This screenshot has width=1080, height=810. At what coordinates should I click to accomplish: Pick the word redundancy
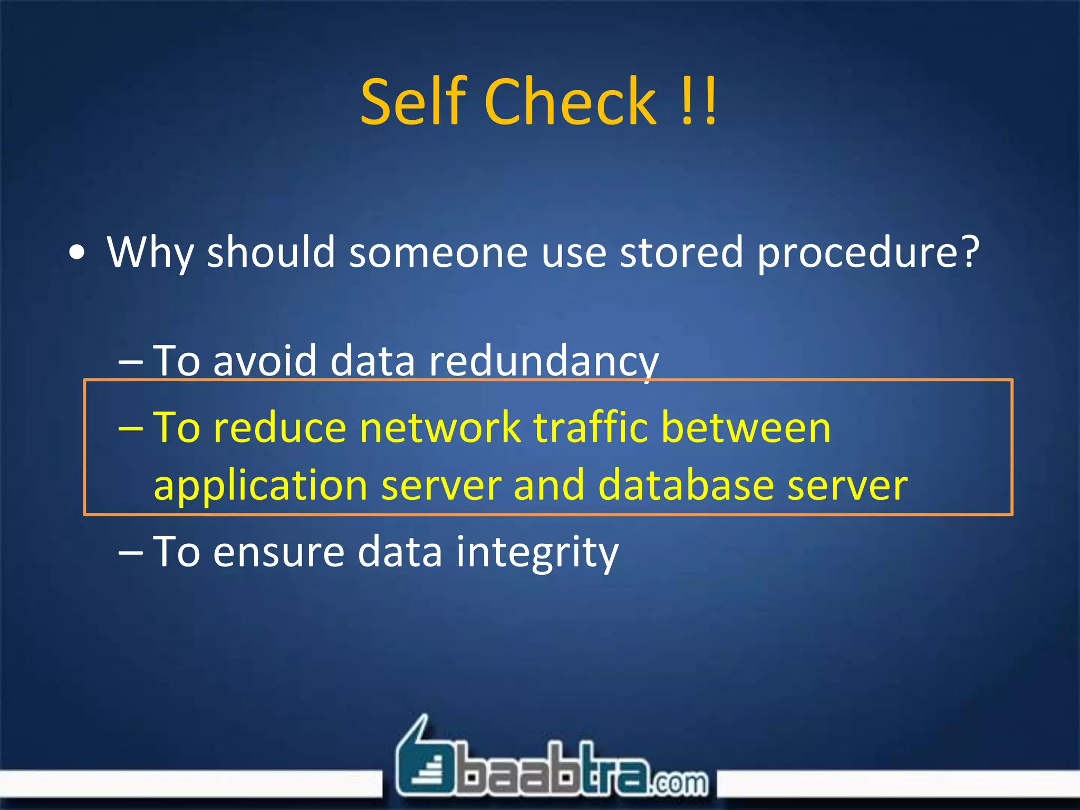(x=544, y=362)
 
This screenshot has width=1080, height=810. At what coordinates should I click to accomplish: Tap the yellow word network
(x=440, y=427)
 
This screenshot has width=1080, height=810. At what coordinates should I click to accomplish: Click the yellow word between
(x=746, y=427)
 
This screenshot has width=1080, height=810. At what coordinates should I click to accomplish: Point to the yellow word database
(x=686, y=485)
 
